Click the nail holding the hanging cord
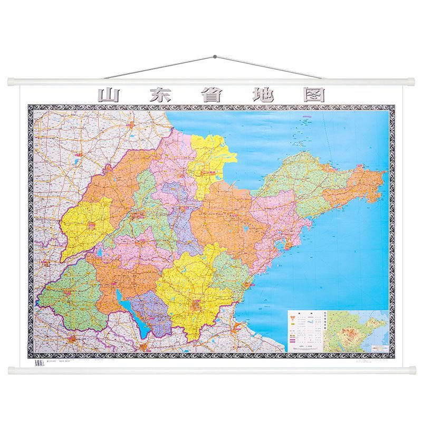[x=214, y=56]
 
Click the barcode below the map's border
[x=36, y=362]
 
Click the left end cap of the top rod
[x=12, y=82]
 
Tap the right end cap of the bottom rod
[x=411, y=370]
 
